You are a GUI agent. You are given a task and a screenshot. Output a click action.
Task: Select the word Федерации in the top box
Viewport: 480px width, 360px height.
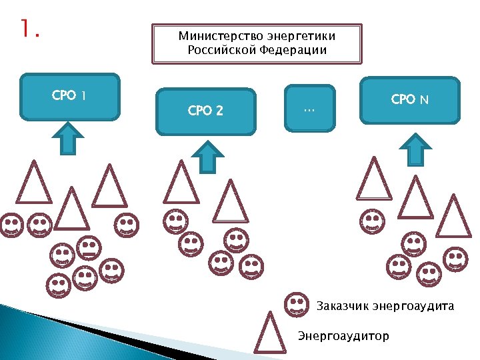click(293, 50)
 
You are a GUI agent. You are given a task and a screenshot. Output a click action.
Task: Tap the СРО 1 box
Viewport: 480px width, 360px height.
click(70, 96)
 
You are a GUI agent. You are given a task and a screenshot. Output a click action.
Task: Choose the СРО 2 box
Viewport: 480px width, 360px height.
click(205, 111)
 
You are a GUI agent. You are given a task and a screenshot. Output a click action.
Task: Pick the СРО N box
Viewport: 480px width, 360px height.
click(410, 100)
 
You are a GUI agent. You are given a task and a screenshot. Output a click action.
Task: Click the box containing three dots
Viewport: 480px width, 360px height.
click(309, 107)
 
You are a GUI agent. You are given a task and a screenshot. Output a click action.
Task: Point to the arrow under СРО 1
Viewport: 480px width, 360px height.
click(67, 138)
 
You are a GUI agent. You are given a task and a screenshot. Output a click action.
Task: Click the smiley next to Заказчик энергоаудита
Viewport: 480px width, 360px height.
click(296, 305)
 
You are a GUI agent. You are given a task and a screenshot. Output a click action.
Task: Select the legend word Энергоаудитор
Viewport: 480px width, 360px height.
click(343, 335)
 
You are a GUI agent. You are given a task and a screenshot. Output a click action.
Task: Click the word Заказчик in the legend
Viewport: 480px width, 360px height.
click(341, 307)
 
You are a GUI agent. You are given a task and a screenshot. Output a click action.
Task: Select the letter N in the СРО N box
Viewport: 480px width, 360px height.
click(424, 100)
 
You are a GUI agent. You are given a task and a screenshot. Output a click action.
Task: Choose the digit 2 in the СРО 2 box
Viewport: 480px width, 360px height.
click(219, 111)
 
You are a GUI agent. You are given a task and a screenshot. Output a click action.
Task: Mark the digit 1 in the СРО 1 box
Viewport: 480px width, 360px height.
click(83, 96)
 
